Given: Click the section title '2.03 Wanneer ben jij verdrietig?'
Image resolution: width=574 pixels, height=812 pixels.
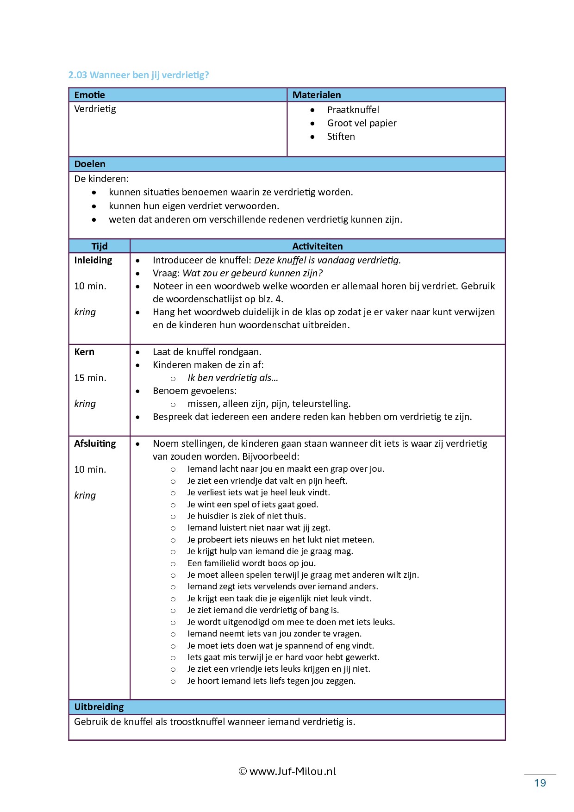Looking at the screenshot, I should coord(138,75).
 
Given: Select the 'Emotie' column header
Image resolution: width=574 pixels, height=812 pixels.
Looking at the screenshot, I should coord(89,95).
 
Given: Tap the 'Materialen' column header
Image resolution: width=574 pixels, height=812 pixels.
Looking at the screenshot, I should coord(317,95).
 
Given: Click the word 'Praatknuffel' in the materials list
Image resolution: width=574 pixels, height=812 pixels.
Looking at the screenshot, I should coord(353,110).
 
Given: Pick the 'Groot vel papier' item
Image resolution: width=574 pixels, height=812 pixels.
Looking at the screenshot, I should coord(362,123).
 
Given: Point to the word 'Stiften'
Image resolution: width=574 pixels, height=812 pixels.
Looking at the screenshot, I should coord(341,137).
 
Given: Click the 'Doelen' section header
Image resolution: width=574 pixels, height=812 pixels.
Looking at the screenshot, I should coord(90,164).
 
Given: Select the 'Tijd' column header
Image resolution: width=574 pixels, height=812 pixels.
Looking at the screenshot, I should coord(99,246).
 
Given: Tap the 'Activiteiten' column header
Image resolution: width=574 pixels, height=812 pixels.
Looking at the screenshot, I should coord(317,246).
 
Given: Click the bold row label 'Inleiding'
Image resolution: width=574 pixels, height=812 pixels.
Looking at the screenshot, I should coord(93,260).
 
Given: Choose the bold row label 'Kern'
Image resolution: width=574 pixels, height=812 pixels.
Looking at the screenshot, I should coord(84,352).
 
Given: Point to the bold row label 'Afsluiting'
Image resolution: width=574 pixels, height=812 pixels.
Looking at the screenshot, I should coord(95,443).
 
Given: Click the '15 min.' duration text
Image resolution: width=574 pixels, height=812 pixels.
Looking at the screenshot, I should coord(90,378).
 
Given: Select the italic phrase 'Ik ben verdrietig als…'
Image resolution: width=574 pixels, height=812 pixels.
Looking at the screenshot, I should coord(233,378).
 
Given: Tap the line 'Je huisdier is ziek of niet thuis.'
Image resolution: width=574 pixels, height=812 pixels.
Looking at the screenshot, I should coord(246,516).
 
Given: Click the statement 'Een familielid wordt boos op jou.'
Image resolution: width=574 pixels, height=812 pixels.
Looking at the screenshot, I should coord(251,563).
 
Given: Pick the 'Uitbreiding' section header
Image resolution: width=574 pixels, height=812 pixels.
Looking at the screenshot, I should coord(99,707).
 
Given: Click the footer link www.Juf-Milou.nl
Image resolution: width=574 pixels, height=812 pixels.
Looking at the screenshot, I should coord(292,771).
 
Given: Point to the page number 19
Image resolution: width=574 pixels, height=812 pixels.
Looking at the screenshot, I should coord(540,783).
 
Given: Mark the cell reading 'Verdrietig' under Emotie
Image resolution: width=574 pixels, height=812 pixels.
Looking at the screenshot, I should coord(95,109).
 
